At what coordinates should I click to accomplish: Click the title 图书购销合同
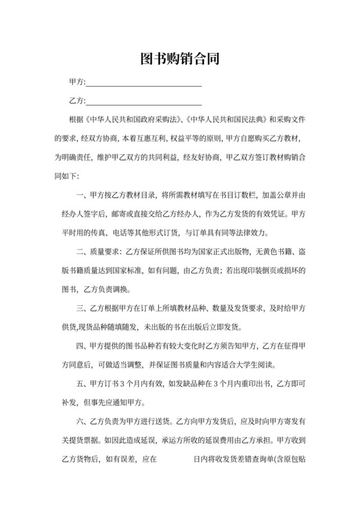pos(180,60)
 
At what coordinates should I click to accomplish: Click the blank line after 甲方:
pos(144,83)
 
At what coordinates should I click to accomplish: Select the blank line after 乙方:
pos(144,102)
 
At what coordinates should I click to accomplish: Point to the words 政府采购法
pos(158,120)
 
